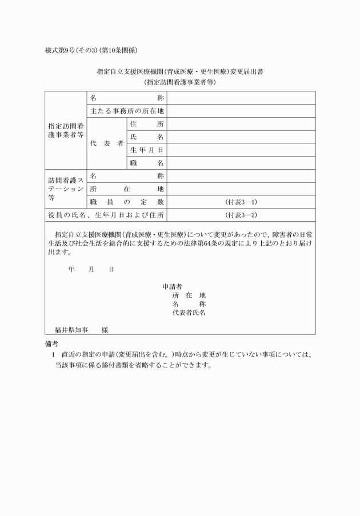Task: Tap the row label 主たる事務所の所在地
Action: pyautogui.click(x=127, y=110)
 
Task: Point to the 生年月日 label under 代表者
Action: pyautogui.click(x=147, y=150)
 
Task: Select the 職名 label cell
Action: pyautogui.click(x=147, y=163)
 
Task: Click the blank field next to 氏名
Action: pyautogui.click(x=241, y=137)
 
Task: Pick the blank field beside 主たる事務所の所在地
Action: pyautogui.click(x=241, y=110)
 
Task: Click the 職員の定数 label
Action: pyautogui.click(x=127, y=202)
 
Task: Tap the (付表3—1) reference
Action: pyautogui.click(x=241, y=202)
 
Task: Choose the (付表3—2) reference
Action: pyautogui.click(x=241, y=215)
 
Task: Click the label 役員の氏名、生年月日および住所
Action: pyautogui.click(x=106, y=215)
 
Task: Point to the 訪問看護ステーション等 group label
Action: pyautogui.click(x=65, y=189)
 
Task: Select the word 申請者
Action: pyautogui.click(x=173, y=286)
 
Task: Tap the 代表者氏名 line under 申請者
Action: pyautogui.click(x=189, y=313)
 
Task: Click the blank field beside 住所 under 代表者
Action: pyautogui.click(x=241, y=123)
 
